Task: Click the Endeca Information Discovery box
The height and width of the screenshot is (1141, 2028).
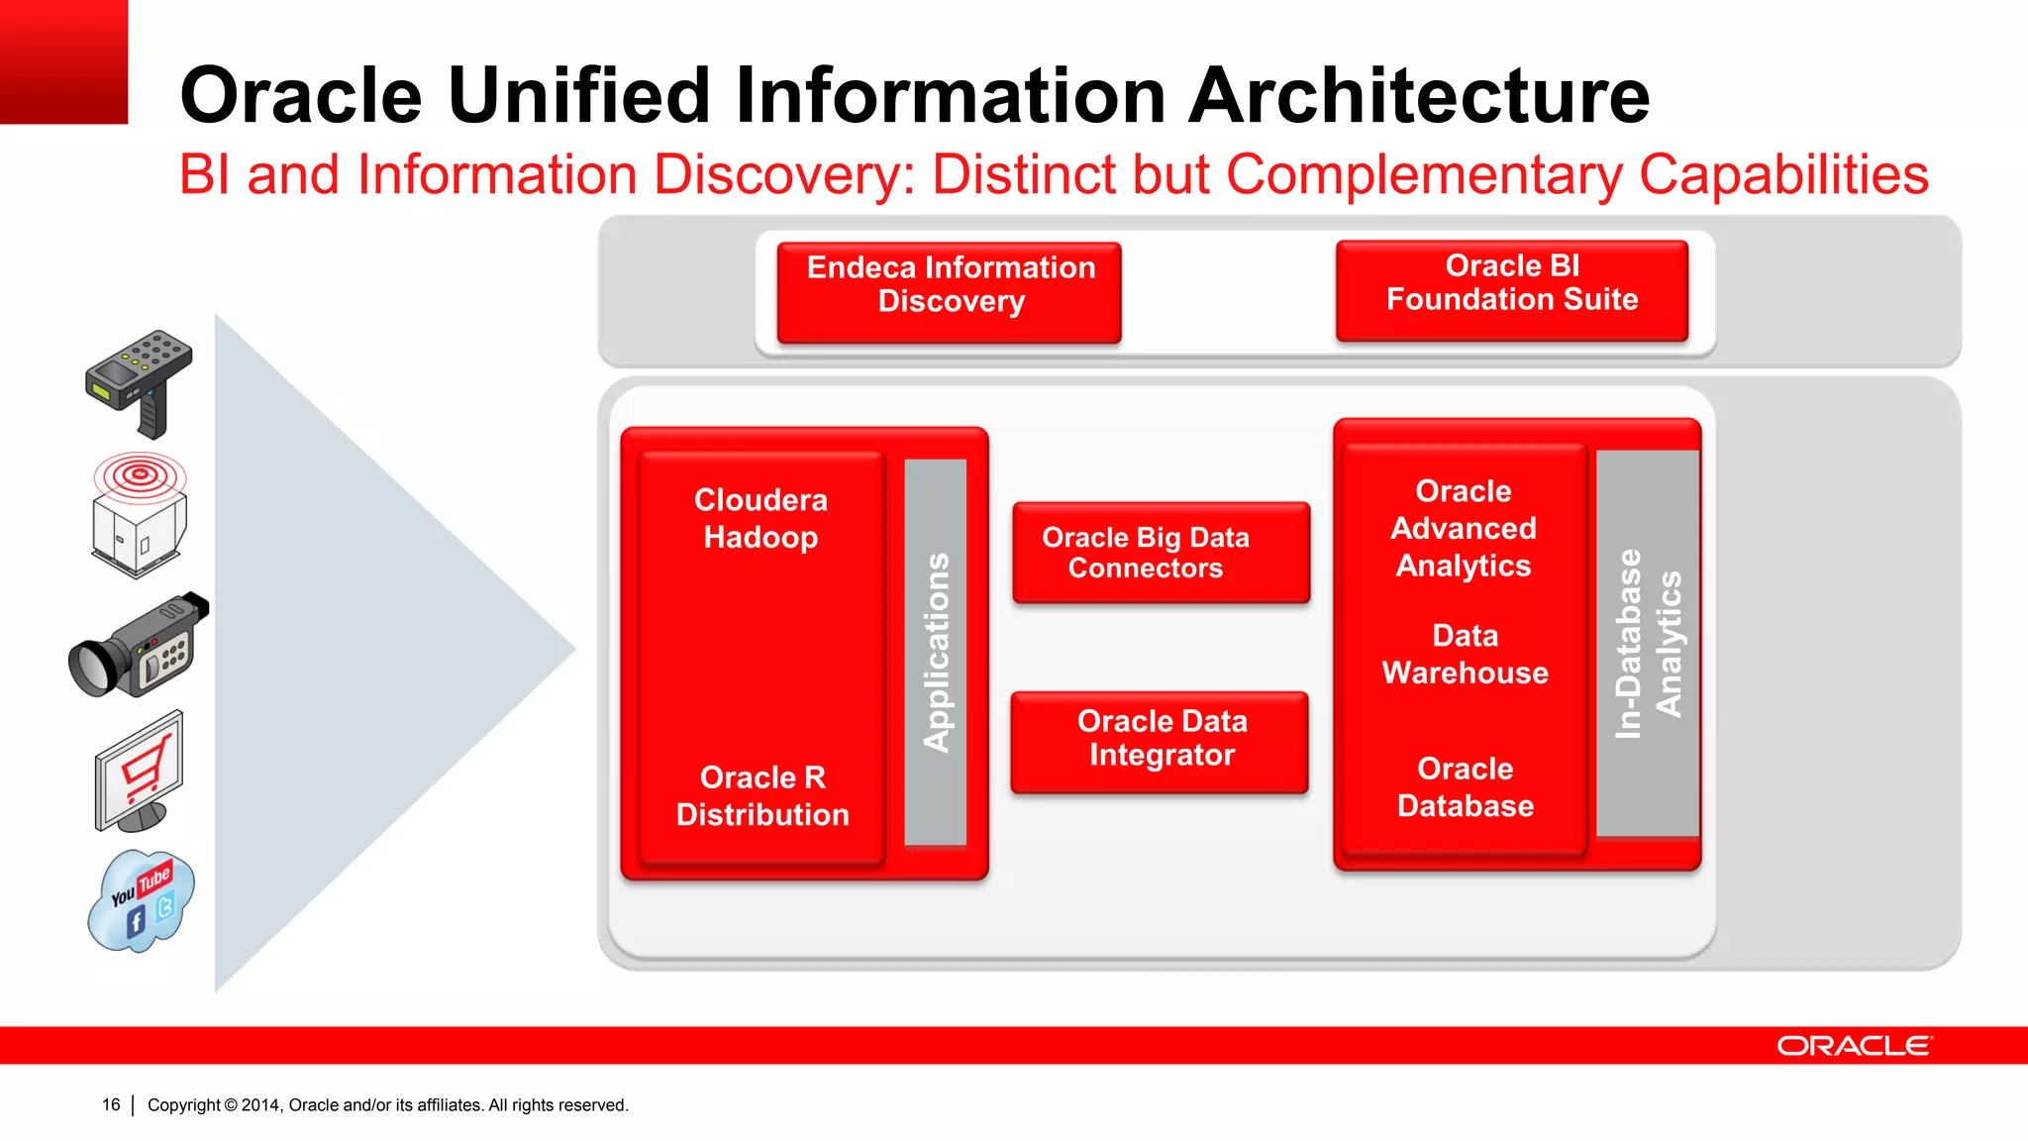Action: pyautogui.click(x=949, y=292)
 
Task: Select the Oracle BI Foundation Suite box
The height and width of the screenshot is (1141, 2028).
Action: pyautogui.click(x=1511, y=290)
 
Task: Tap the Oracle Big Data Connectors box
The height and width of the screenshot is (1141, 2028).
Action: pyautogui.click(x=1161, y=553)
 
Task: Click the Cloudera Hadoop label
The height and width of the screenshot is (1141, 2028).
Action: pyautogui.click(x=760, y=518)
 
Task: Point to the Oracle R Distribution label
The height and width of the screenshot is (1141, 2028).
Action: pyautogui.click(x=762, y=795)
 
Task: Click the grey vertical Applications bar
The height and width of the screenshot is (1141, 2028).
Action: pyautogui.click(x=936, y=652)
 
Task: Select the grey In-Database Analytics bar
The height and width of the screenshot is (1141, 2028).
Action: pyautogui.click(x=1648, y=644)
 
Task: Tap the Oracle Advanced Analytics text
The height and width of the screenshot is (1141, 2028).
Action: pyautogui.click(x=1464, y=528)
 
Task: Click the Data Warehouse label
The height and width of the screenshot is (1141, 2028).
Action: pyautogui.click(x=1465, y=654)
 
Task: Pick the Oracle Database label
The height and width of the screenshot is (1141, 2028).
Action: pyautogui.click(x=1465, y=787)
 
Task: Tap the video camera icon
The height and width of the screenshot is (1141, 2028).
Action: pyautogui.click(x=139, y=646)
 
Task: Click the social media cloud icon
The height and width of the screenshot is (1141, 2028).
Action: pyautogui.click(x=142, y=901)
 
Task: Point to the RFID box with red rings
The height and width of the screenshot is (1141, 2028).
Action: pyautogui.click(x=139, y=515)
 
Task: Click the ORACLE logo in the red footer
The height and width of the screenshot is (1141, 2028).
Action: pyautogui.click(x=1853, y=1046)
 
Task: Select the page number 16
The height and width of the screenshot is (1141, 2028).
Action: pyautogui.click(x=111, y=1104)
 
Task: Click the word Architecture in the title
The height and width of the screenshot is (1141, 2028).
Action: pyautogui.click(x=1419, y=95)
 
